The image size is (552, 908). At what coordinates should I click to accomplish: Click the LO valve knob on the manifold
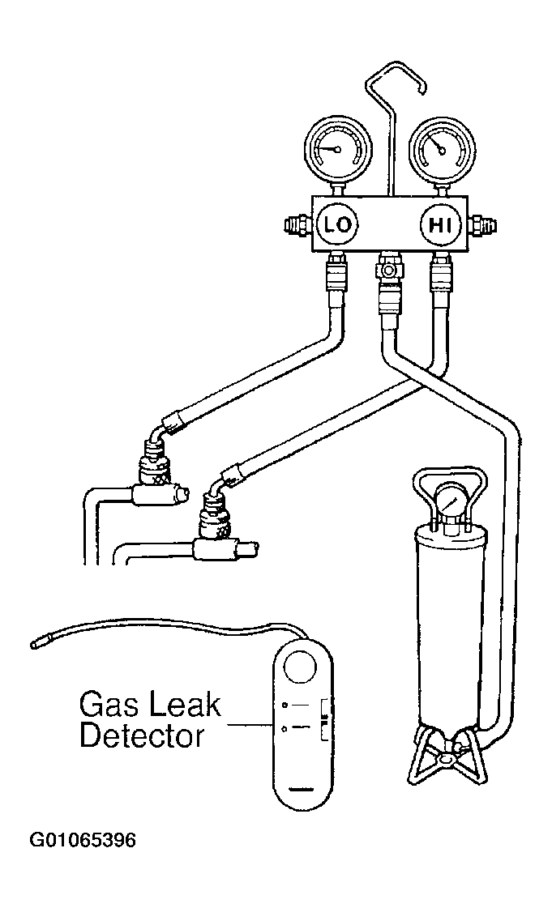tap(335, 225)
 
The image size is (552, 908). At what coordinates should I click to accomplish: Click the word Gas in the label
tap(109, 705)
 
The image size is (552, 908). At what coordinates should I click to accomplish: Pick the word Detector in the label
tap(141, 736)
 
